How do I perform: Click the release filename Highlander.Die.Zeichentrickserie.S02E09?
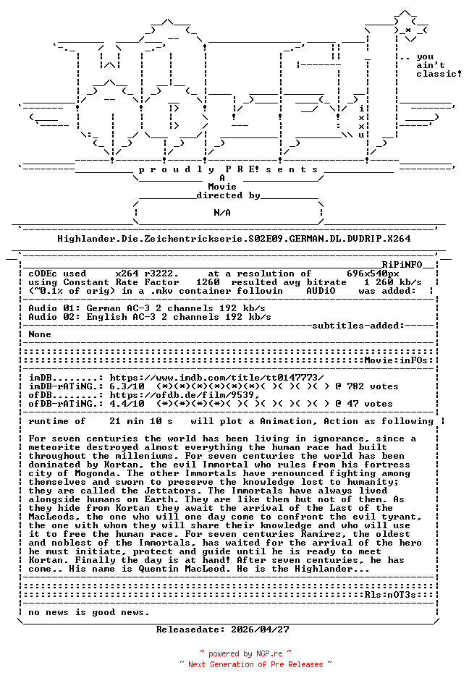[x=234, y=238]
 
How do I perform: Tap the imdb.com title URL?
[x=216, y=378]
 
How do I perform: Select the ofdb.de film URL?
[x=185, y=395]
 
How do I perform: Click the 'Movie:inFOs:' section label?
[x=397, y=360]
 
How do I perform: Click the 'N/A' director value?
[x=222, y=213]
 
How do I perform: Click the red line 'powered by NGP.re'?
[x=245, y=653]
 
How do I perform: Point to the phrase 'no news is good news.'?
[x=89, y=612]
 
